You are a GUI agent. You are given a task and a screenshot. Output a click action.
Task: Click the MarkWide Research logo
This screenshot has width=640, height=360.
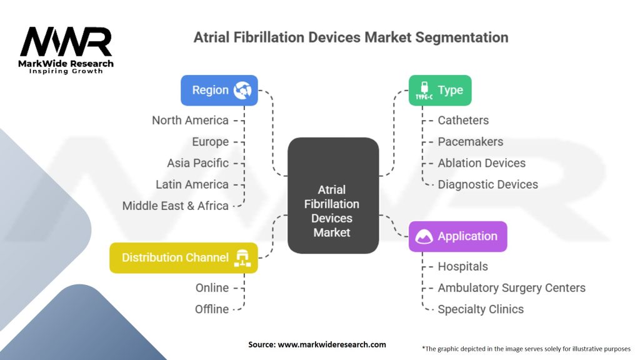click(67, 51)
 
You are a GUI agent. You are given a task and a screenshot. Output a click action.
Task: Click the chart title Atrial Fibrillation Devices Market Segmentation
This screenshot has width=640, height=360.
click(351, 37)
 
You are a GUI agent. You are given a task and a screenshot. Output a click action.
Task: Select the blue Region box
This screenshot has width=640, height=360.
click(219, 90)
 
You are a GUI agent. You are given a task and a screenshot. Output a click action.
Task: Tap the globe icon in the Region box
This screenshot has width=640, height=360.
click(242, 91)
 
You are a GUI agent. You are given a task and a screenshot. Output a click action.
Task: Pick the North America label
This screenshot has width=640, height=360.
click(190, 120)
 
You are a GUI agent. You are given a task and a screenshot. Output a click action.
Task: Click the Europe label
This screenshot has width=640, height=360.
click(211, 142)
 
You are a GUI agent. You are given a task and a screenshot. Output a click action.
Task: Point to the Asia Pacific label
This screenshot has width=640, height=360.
click(197, 163)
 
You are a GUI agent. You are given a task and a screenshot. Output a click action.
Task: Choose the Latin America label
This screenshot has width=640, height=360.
click(192, 184)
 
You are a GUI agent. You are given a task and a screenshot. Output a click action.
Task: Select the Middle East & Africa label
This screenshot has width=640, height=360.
click(176, 206)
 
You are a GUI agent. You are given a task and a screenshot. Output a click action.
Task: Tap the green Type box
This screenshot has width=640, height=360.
click(439, 90)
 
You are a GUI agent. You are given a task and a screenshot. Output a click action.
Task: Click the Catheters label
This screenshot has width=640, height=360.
click(463, 120)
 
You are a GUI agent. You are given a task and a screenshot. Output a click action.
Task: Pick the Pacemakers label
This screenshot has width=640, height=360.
click(470, 142)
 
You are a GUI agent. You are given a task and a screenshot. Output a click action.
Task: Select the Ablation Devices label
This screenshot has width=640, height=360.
click(481, 163)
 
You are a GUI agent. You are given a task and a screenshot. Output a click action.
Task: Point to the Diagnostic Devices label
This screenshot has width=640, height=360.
click(487, 184)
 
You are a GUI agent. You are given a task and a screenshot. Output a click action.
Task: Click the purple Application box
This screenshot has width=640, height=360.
click(457, 236)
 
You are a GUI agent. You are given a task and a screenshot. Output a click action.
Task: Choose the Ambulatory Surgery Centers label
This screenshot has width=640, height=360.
click(511, 288)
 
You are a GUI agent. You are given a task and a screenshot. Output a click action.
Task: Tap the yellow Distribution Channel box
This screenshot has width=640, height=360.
click(183, 257)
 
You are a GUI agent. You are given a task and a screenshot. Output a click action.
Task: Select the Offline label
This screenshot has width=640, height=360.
click(212, 309)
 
